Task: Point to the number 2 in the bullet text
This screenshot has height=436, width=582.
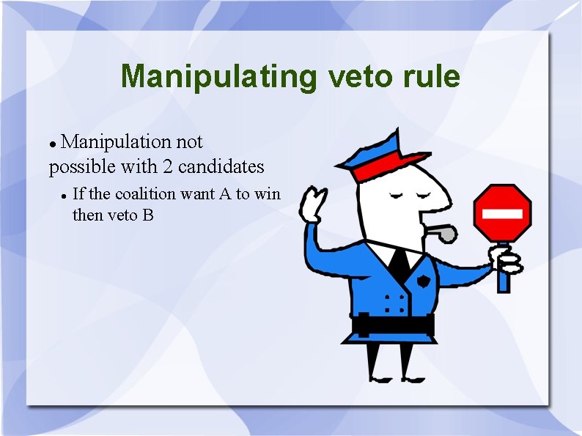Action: click(x=168, y=167)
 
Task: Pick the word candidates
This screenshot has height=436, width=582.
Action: click(x=221, y=167)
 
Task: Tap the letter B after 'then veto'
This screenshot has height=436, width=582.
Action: click(x=149, y=215)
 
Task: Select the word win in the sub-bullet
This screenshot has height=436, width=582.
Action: click(x=268, y=194)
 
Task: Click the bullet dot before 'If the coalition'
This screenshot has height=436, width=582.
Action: click(x=65, y=196)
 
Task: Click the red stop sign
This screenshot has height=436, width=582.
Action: click(x=502, y=213)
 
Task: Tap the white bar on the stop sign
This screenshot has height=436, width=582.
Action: click(x=502, y=214)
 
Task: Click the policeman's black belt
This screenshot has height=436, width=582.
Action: click(x=392, y=323)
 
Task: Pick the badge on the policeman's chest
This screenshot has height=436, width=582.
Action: click(x=424, y=282)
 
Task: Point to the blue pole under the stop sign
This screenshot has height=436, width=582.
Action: click(x=503, y=275)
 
